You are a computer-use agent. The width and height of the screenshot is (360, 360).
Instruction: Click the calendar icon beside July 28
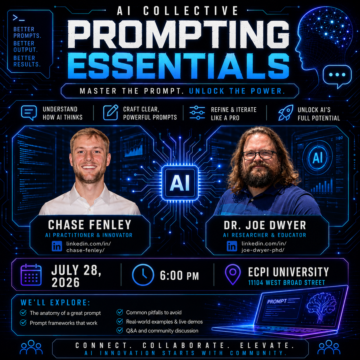31,275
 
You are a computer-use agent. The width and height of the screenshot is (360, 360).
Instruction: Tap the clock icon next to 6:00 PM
143,275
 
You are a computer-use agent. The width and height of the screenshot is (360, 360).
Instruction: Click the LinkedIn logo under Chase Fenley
57,246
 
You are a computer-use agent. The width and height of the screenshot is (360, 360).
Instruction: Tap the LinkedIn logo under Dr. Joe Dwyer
232,246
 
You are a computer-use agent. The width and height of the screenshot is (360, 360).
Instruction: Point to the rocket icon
286,113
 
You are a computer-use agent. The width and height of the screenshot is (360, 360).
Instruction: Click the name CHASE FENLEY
90,224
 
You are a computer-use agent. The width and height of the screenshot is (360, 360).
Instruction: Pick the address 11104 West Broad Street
287,283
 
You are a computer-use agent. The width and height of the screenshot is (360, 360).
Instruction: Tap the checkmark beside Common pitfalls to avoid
119,312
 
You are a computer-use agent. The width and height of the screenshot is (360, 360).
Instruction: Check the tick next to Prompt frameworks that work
23,322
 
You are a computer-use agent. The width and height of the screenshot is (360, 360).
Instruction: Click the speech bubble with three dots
337,77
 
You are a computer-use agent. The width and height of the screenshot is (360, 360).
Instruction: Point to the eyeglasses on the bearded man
260,155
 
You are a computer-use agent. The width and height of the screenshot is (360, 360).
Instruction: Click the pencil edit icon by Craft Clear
111,113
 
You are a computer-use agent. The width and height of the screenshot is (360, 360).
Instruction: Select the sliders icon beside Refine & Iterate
197,113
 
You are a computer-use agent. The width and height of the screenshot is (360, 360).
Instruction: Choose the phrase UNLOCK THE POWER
237,91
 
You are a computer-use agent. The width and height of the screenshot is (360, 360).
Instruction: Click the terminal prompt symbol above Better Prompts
19,18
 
